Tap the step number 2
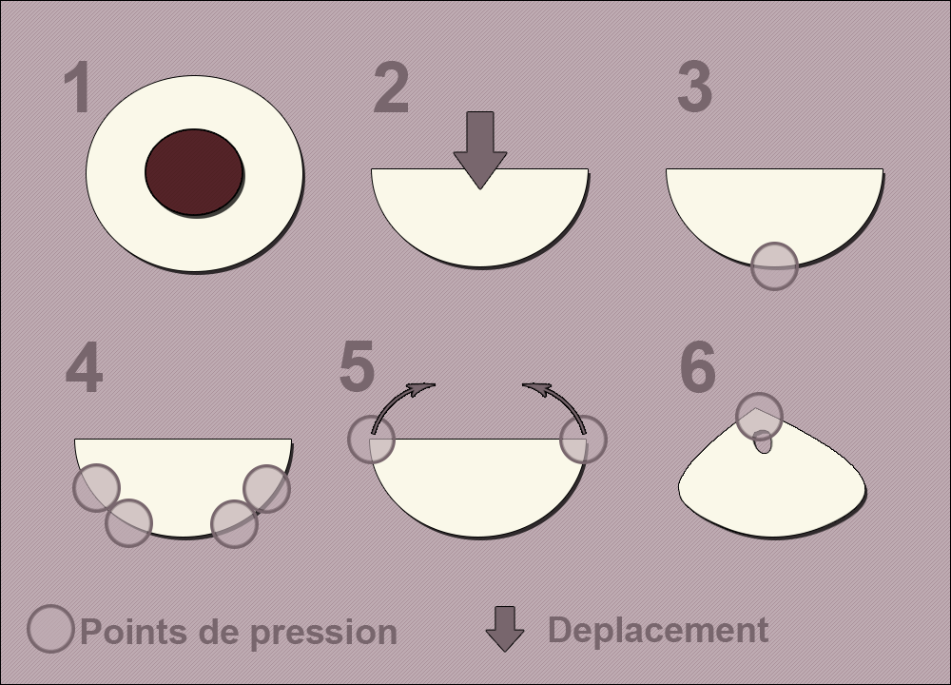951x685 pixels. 391,88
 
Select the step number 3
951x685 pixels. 694,87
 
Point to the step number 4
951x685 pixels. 84,367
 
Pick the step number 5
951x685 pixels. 357,366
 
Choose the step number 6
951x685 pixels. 697,367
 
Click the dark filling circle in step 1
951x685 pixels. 194,172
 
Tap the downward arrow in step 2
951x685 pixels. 479,150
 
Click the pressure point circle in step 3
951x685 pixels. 774,265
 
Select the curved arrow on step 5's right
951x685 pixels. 563,401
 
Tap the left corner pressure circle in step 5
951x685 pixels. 371,440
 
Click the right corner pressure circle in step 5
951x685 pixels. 583,440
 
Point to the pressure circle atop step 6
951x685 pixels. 759,416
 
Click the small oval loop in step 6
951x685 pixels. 763,441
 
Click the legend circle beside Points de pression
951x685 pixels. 51,629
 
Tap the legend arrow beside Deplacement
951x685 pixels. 505,629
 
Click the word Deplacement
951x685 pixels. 658,630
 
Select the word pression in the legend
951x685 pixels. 323,633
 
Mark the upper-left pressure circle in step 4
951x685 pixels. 96,488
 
